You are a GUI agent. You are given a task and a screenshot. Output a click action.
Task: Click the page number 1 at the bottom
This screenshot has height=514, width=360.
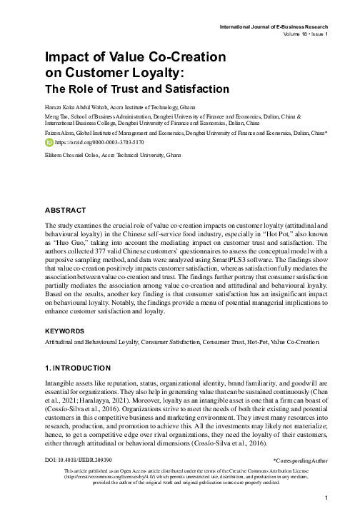[x=325, y=497]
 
